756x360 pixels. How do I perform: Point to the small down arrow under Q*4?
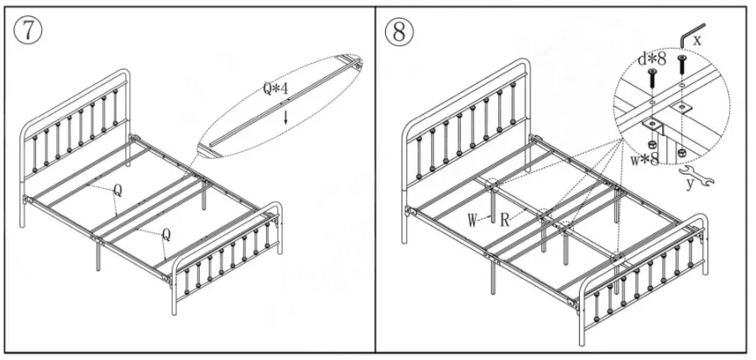[285, 117]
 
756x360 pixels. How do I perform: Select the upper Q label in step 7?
[117, 190]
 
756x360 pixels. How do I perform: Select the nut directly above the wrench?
[682, 153]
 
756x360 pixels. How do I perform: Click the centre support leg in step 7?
[206, 200]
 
